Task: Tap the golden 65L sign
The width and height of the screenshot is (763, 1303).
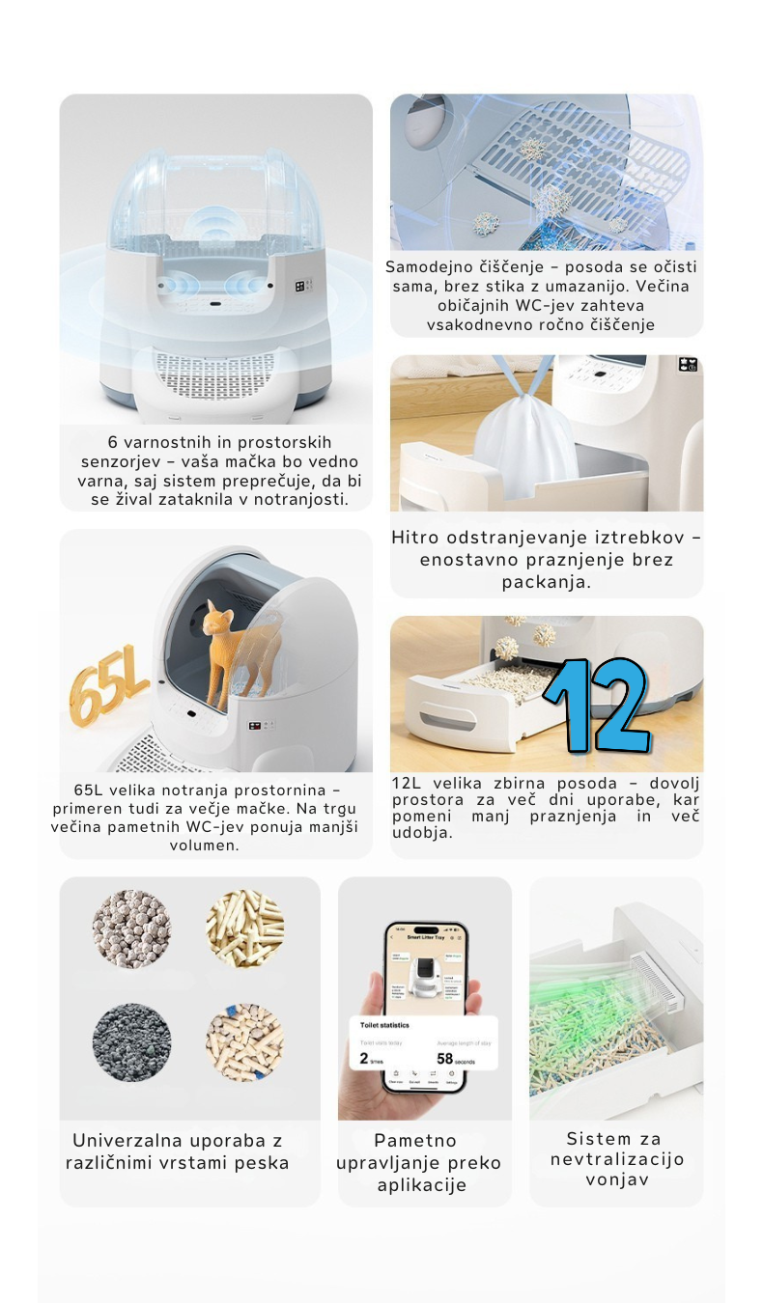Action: pos(107,691)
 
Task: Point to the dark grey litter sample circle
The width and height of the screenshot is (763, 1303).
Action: pos(132,1042)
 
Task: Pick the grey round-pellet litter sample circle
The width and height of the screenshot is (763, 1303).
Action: pos(132,929)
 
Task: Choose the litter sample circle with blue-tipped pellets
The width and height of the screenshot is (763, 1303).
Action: pos(244,1042)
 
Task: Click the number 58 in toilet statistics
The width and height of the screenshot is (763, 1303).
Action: pos(445,1059)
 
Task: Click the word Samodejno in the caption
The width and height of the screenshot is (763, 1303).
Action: pos(432,267)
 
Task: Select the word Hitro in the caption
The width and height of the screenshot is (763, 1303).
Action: pos(415,538)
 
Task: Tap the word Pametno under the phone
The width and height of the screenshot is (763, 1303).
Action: pos(415,1141)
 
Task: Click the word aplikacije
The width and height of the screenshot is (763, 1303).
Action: pos(422,1185)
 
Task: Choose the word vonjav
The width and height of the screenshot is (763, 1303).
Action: pos(616,1179)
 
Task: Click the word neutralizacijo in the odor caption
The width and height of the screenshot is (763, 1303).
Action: pos(616,1159)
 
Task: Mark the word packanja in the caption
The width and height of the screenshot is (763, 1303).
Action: pos(547,582)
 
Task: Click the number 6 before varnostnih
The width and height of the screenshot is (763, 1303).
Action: pos(113,441)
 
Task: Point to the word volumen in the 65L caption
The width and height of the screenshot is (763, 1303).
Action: pos(204,846)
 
